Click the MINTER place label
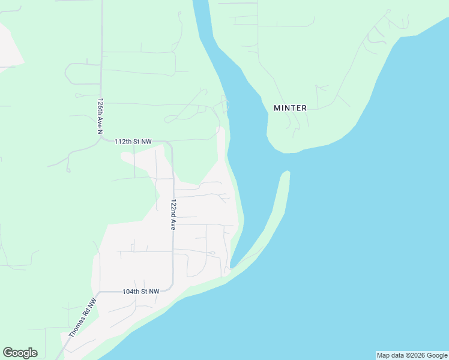[x=290, y=108]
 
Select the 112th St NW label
[x=133, y=142]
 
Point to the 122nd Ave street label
[x=173, y=215]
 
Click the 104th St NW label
[x=140, y=291]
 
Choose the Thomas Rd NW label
[x=83, y=318]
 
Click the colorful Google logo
[x=20, y=353]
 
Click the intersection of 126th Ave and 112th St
[x=101, y=140]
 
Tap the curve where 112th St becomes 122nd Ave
[x=170, y=146]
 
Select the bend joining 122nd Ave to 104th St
[x=172, y=286]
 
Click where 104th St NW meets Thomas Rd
[x=98, y=293]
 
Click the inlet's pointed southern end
[x=232, y=267]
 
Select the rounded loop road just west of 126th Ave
[x=75, y=74]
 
